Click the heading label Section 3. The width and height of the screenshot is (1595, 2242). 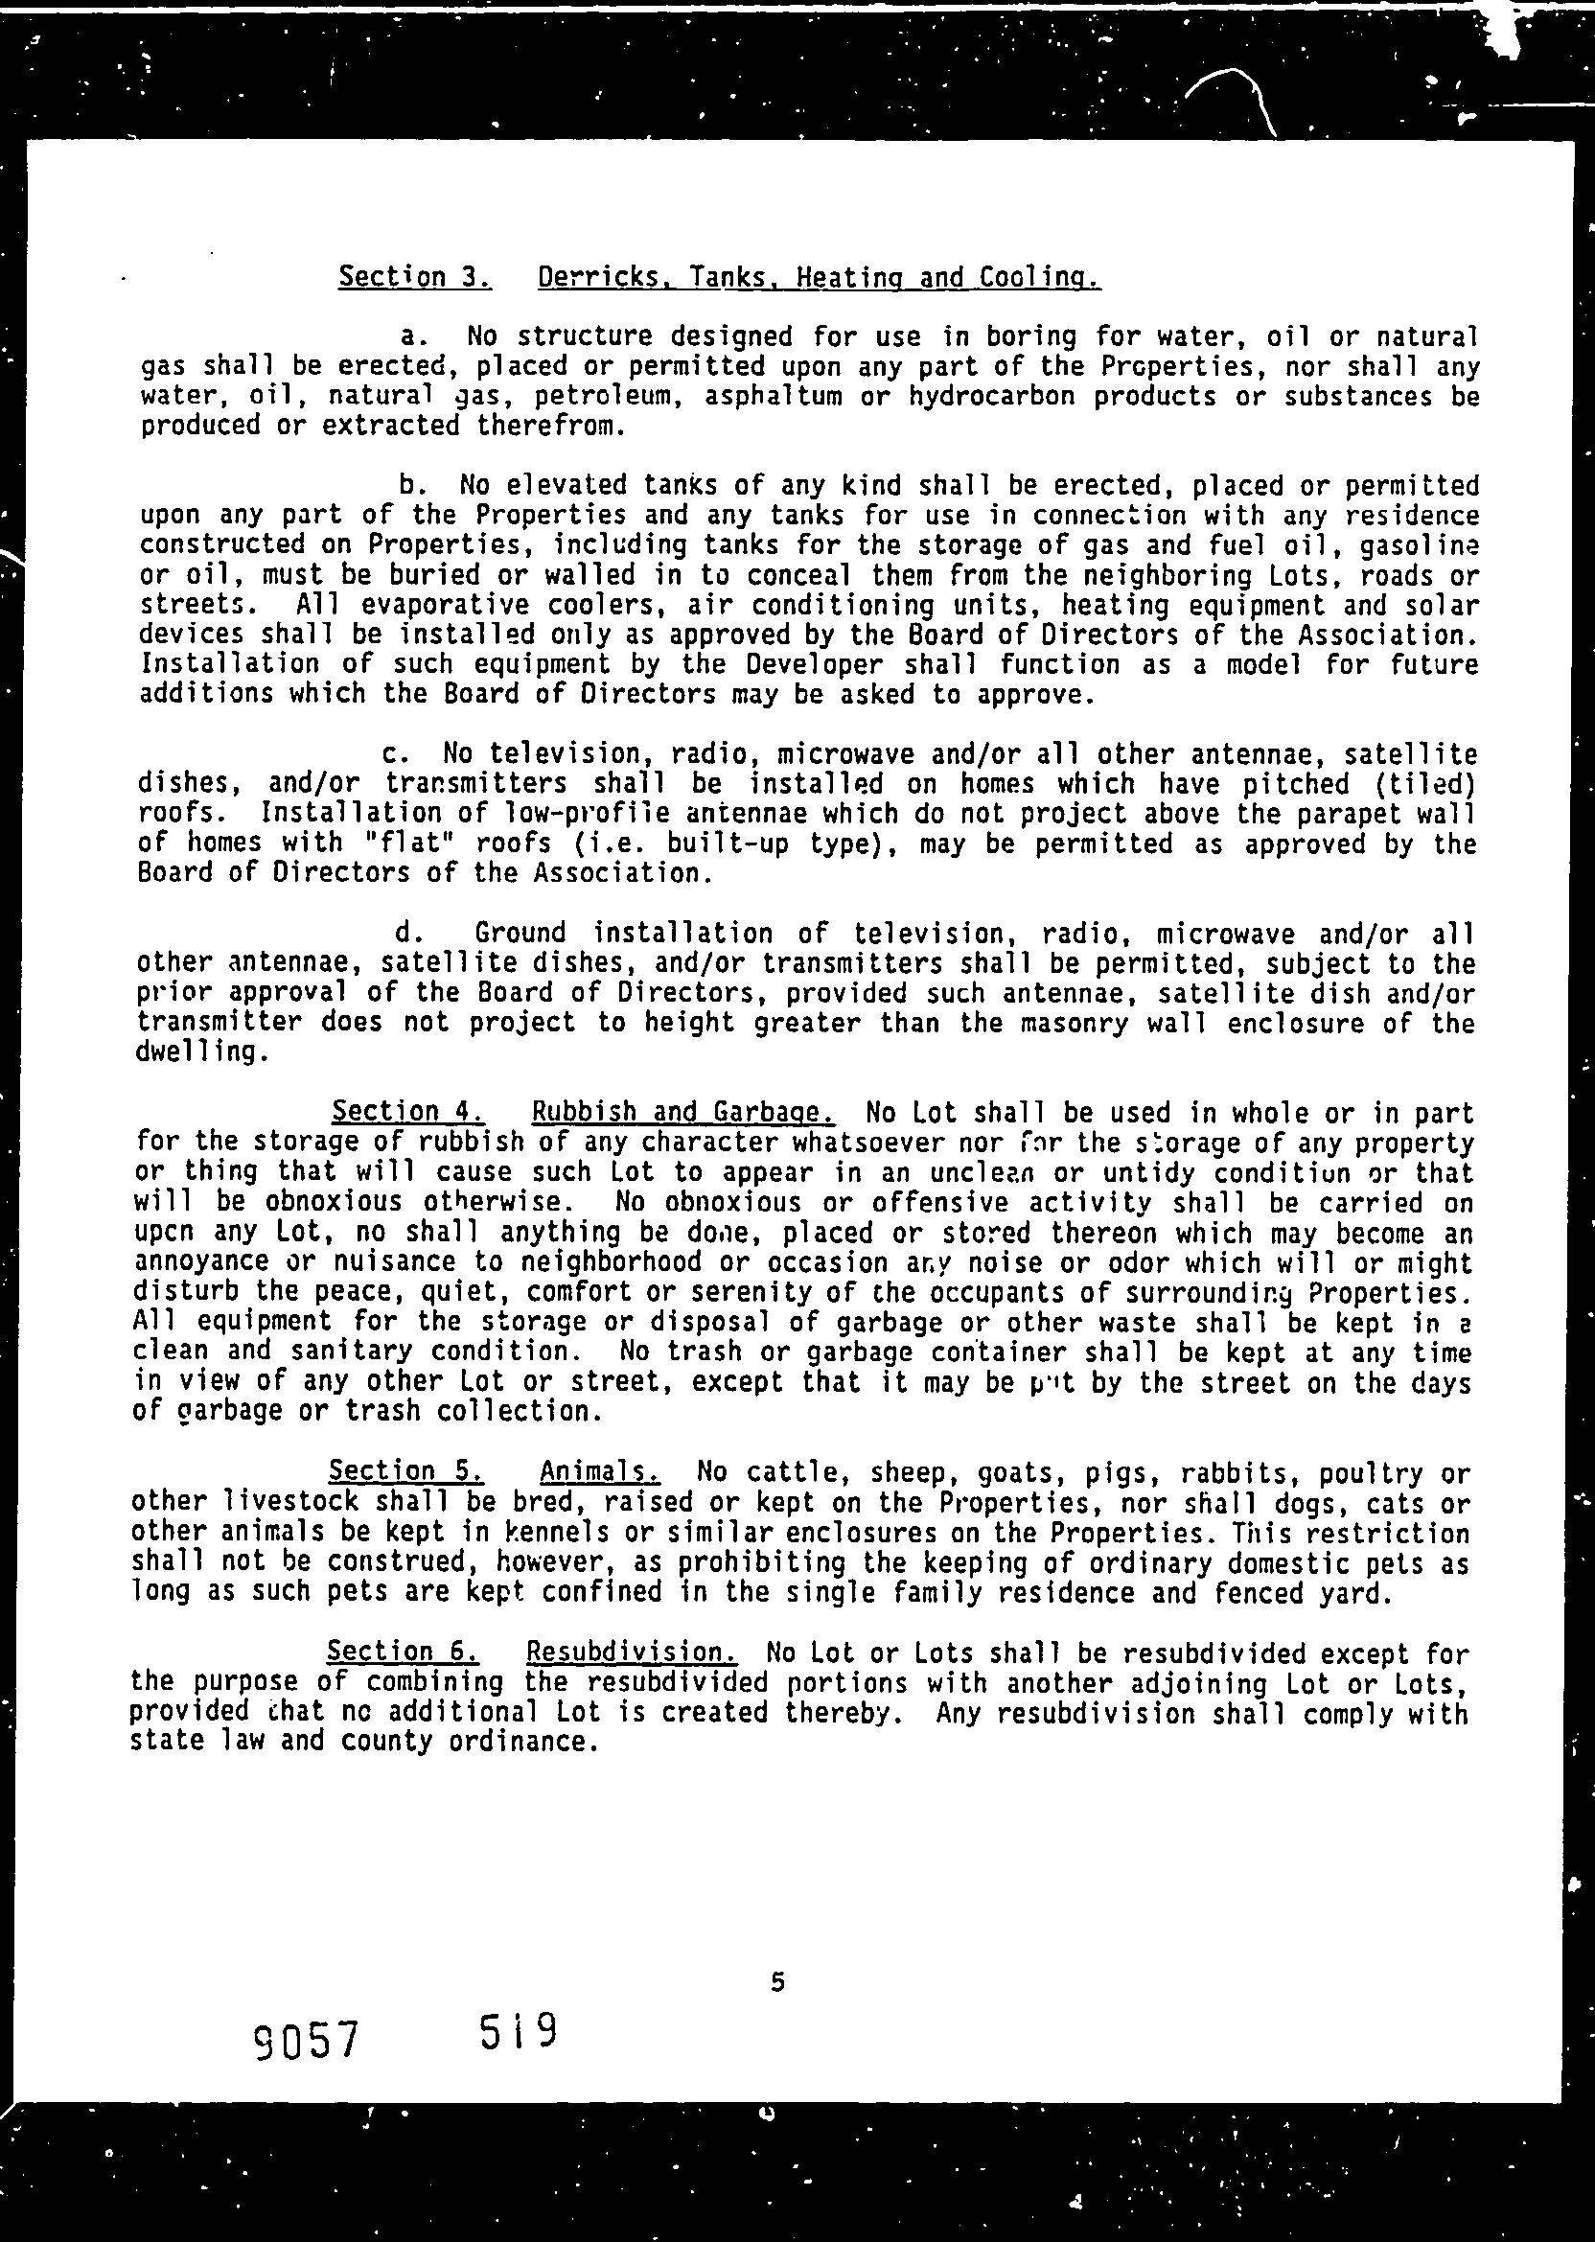pos(414,277)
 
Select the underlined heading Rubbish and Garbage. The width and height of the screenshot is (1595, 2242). pos(683,1112)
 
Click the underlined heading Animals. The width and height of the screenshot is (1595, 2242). pos(600,1471)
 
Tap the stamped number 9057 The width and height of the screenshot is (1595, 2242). pos(306,2040)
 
